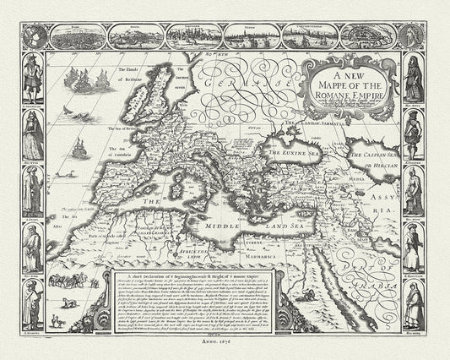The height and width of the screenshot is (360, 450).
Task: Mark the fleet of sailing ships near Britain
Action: click(87, 81)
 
